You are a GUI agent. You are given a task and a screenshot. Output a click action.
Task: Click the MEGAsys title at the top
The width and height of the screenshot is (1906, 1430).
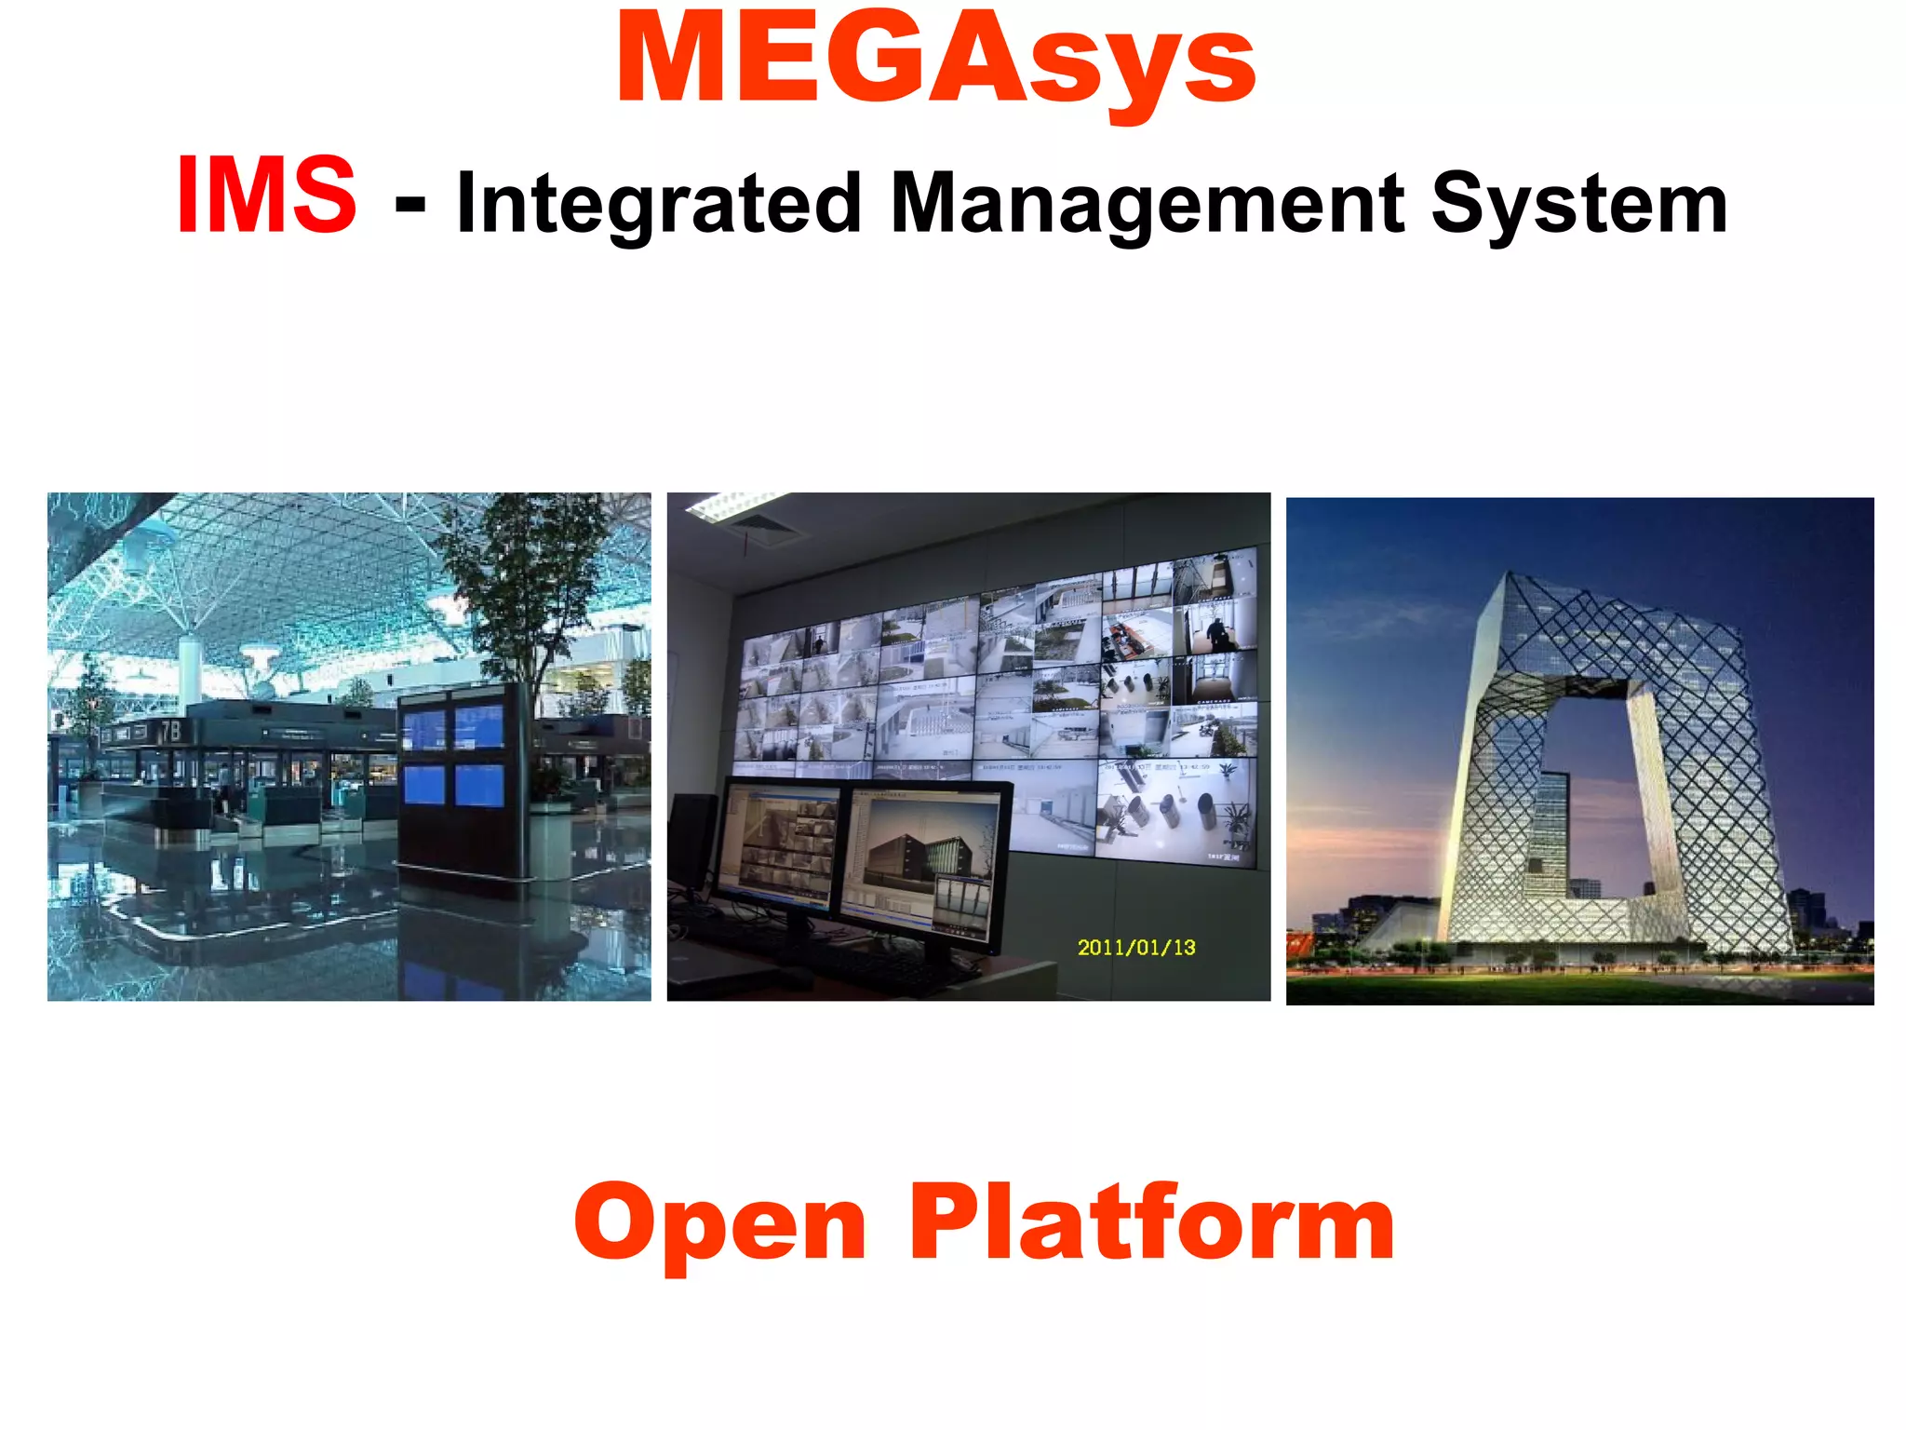point(935,61)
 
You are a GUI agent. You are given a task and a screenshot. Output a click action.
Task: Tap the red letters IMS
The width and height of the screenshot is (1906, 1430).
point(266,196)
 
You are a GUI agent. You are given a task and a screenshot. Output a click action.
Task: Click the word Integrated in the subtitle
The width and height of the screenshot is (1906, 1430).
point(659,205)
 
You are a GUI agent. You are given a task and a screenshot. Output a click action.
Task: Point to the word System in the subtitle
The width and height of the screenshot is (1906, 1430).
point(1578,205)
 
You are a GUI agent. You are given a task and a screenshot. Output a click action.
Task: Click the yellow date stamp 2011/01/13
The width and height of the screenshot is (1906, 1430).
point(1135,948)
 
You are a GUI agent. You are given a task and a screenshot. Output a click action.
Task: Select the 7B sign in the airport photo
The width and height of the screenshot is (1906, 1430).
point(170,732)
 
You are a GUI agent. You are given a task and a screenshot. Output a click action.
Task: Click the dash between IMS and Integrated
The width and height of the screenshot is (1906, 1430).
point(410,207)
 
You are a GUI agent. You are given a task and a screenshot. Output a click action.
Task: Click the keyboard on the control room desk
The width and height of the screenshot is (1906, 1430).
point(875,964)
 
